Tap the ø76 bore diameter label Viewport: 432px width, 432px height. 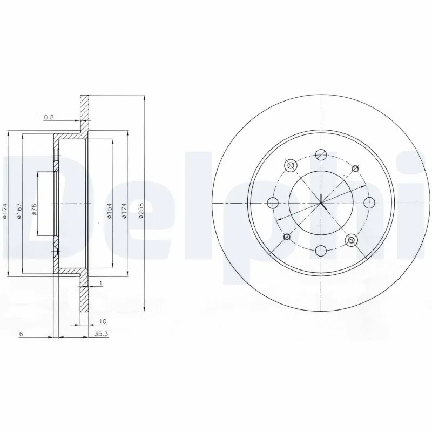coord(34,210)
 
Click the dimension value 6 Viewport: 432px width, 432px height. coord(21,335)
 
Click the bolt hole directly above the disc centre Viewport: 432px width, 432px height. coord(321,154)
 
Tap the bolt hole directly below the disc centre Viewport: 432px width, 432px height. coord(321,250)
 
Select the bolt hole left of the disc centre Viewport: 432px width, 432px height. coord(273,202)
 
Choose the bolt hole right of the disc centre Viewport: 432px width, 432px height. coord(369,202)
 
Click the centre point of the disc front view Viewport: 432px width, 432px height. coord(321,202)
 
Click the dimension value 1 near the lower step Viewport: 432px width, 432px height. coord(100,282)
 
